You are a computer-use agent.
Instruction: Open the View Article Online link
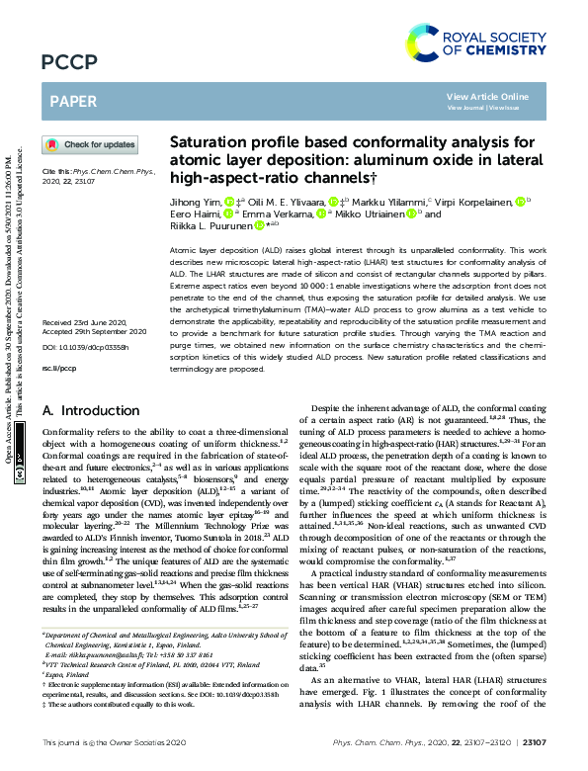coord(487,96)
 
